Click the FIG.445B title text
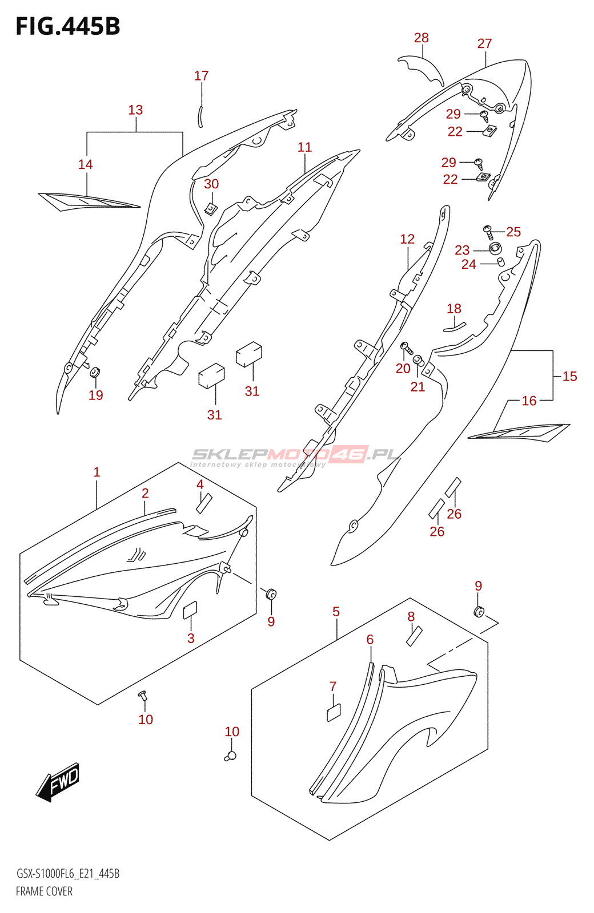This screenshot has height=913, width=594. [x=68, y=27]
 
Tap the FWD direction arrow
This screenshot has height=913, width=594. [x=59, y=782]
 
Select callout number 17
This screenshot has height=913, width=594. [x=201, y=76]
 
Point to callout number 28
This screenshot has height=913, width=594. [x=421, y=38]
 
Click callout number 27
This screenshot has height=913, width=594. [x=484, y=44]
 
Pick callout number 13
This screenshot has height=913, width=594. [x=135, y=110]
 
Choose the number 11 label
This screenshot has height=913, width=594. [x=304, y=147]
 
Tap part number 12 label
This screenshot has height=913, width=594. [x=407, y=239]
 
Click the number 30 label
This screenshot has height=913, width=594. [x=211, y=184]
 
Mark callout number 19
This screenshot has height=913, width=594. [x=96, y=395]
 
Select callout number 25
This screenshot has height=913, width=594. [x=513, y=232]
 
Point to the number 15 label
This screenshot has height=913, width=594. [x=569, y=376]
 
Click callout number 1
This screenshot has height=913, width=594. [x=97, y=472]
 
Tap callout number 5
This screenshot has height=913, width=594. [x=336, y=612]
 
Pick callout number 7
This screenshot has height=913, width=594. [x=333, y=686]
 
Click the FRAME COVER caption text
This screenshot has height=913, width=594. [x=44, y=891]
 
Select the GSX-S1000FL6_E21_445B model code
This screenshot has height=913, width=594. [x=67, y=874]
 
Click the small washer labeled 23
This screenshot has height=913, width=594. [x=495, y=249]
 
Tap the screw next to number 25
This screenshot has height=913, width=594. [x=488, y=231]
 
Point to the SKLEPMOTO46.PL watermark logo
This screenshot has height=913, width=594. [x=295, y=455]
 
